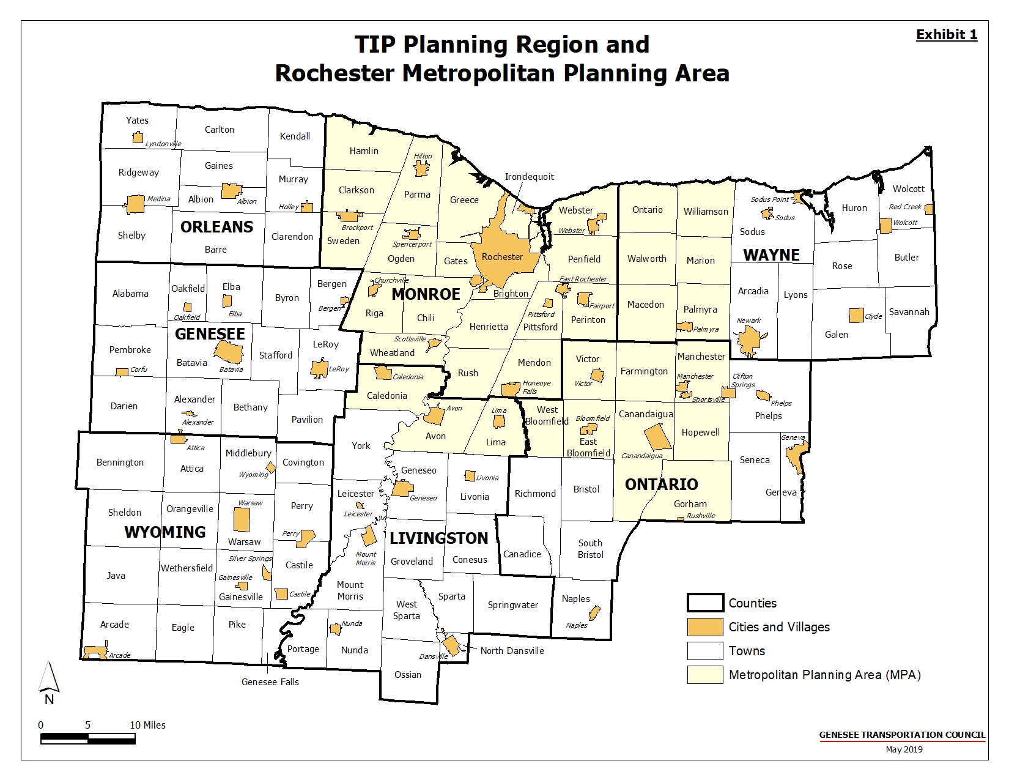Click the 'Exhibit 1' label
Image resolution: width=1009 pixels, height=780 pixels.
(x=946, y=35)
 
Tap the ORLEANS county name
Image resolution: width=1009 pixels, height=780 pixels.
(x=216, y=227)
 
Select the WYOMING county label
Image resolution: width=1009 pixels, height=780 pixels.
(x=165, y=532)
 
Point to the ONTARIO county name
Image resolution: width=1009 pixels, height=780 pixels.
(x=661, y=485)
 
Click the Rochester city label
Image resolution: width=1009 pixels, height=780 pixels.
(x=502, y=257)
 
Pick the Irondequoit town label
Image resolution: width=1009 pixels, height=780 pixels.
(x=529, y=177)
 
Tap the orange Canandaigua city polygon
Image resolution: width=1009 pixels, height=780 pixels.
(x=658, y=437)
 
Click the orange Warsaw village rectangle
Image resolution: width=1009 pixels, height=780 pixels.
(x=242, y=519)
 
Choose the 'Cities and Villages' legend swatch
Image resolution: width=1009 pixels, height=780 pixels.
(x=705, y=627)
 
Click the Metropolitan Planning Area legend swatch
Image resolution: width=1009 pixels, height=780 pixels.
(x=705, y=675)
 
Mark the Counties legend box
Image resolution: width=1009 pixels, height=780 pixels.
(x=705, y=603)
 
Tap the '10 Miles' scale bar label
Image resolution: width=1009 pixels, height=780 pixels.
(x=147, y=725)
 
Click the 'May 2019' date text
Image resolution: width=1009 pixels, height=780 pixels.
(x=904, y=749)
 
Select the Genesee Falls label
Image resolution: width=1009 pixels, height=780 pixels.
(x=270, y=682)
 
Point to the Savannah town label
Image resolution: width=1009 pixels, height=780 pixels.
(x=909, y=312)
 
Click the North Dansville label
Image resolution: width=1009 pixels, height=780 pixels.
(x=512, y=651)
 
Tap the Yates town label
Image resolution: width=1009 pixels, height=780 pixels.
(x=137, y=121)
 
